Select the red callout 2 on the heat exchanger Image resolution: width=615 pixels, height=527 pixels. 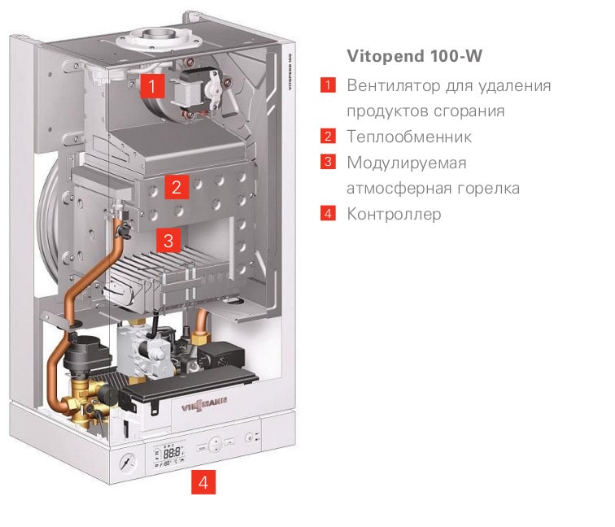pos(175,188)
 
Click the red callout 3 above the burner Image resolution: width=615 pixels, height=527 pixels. pos(168,241)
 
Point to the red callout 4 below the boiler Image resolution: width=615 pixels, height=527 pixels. pos(203,483)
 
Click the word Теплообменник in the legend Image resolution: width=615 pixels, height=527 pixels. pos(409,137)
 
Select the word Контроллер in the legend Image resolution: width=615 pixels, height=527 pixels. pos(394,215)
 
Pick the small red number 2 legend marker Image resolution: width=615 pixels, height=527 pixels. pos(328,136)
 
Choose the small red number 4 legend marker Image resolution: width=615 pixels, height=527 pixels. pos(328,215)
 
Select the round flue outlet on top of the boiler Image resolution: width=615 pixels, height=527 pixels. pos(155,41)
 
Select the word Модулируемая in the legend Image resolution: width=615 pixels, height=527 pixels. pos(406,163)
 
